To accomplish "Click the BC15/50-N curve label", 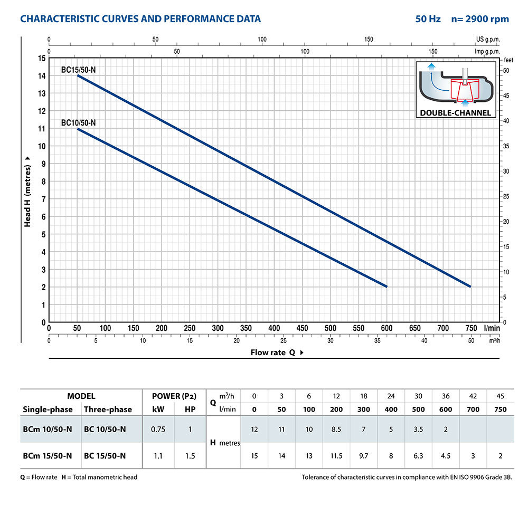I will (78, 69).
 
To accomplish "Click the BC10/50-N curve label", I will (78, 122).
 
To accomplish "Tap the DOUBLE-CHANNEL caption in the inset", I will (456, 112).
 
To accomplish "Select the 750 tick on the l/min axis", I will (470, 328).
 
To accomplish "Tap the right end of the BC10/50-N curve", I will (386, 287).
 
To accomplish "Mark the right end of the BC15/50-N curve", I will (470, 287).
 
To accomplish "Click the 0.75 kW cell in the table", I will (158, 429).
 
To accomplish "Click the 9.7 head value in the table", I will (364, 455).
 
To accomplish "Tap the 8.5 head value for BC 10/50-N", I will (336, 429).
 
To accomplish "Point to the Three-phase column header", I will (108, 409).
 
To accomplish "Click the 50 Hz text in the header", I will (428, 19).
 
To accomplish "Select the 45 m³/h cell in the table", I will (501, 396).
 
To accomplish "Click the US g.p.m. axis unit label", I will (487, 40).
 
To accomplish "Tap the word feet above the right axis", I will (509, 60).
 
